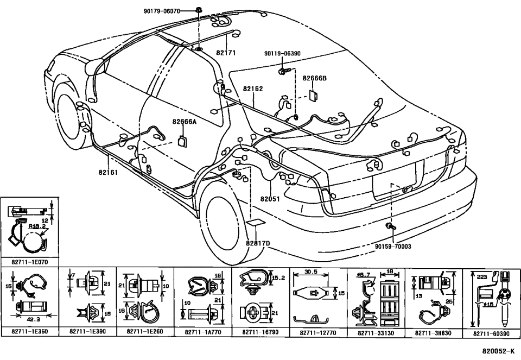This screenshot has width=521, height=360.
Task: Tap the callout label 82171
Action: point(226,53)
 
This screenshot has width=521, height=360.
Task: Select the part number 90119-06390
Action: point(282,54)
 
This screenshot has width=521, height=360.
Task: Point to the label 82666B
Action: point(315,78)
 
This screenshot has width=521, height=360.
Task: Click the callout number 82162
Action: point(253,88)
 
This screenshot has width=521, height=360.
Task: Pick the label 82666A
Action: point(185,122)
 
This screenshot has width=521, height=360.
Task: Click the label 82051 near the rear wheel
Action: point(270,199)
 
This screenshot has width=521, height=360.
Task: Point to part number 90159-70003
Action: point(393,246)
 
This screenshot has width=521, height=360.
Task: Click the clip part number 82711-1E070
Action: point(30,261)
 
